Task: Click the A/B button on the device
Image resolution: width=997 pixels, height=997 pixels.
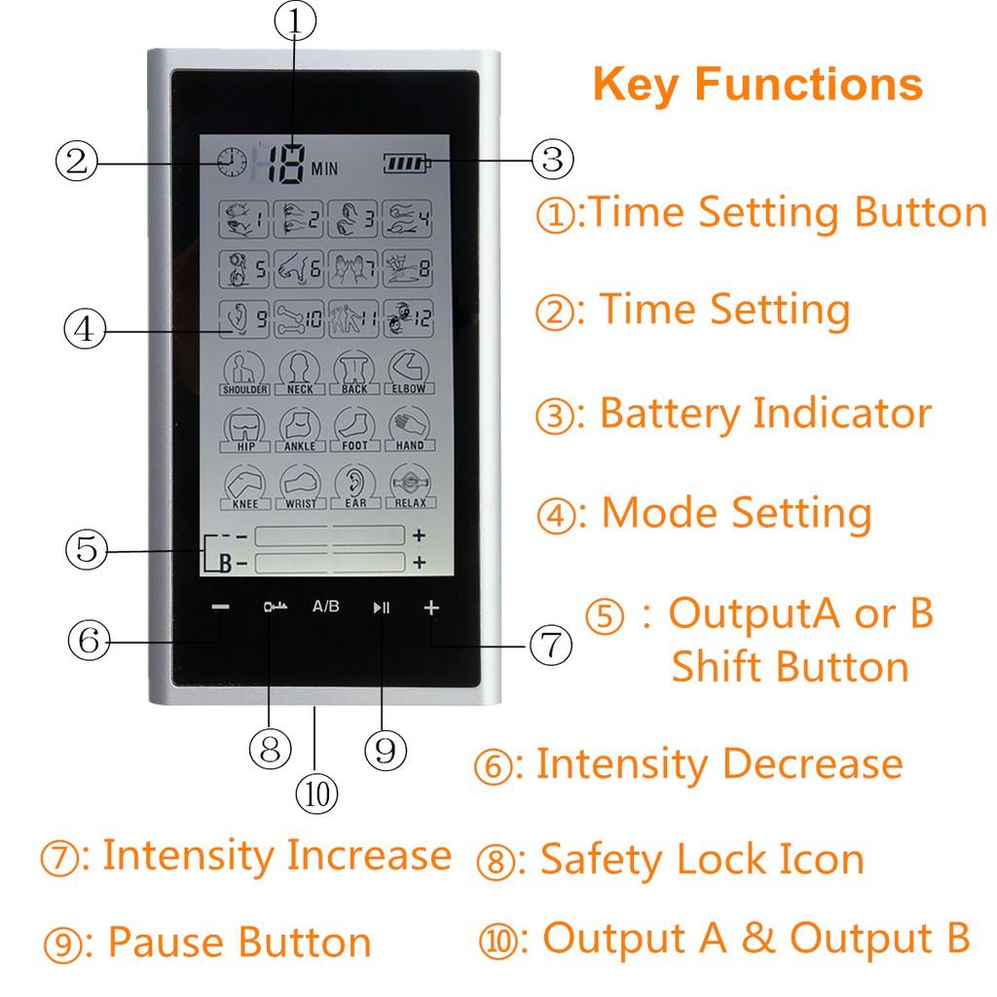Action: (326, 607)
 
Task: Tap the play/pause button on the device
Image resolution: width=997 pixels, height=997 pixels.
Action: (381, 608)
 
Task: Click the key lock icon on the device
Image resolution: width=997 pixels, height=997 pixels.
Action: (272, 608)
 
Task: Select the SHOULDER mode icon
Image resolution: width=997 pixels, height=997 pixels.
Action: (244, 373)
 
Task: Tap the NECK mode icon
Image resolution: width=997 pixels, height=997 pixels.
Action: (299, 373)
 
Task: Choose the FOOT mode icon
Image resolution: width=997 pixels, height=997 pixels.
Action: (353, 429)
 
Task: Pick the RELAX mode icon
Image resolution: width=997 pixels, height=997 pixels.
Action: (409, 486)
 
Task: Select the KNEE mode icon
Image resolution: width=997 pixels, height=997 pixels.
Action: (244, 486)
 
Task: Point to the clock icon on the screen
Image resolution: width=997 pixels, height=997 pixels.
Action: (232, 163)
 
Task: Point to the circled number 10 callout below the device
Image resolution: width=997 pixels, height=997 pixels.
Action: (316, 792)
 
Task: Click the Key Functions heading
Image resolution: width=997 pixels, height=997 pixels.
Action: (757, 84)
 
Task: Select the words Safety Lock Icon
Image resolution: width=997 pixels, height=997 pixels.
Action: (701, 860)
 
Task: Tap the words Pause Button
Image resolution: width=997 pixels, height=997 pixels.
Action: (239, 942)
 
